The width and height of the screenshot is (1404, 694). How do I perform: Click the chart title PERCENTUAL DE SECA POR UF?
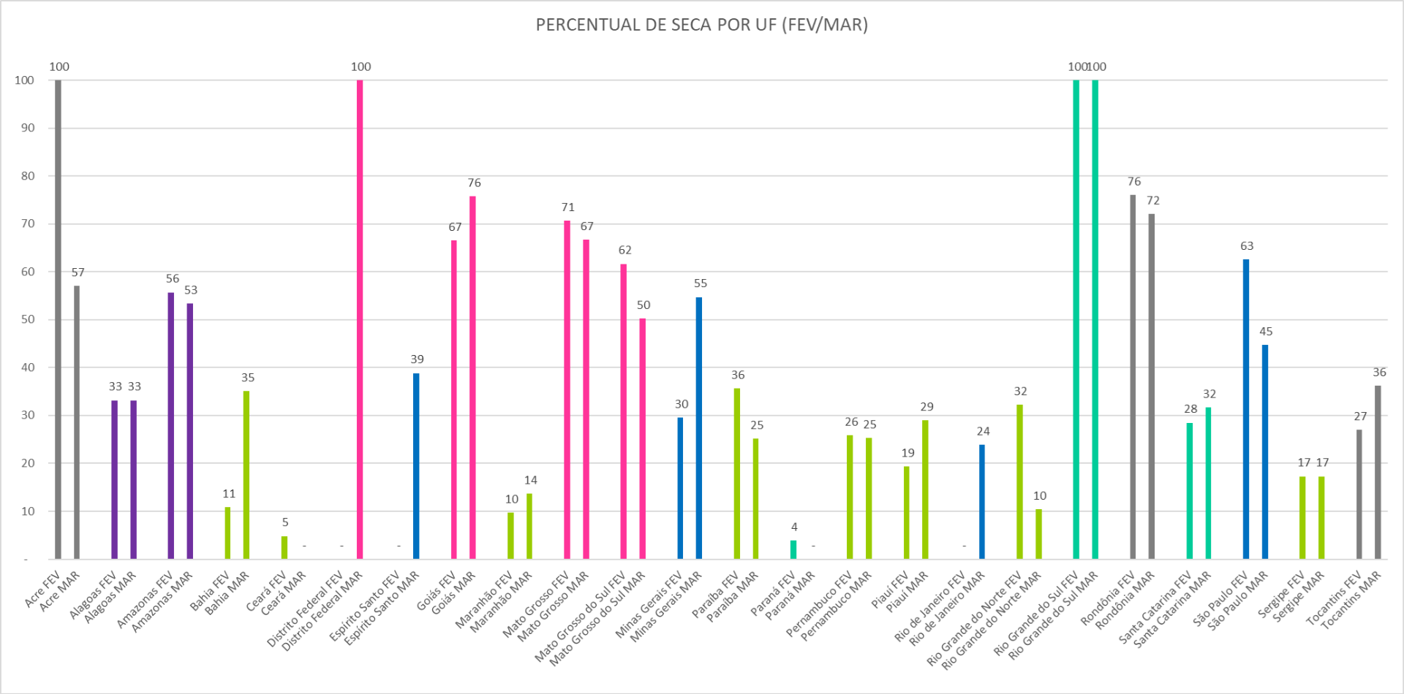pos(701,25)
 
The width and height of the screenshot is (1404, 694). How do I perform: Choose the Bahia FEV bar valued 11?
pos(227,533)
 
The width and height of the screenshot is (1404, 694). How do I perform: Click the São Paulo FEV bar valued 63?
pos(1246,409)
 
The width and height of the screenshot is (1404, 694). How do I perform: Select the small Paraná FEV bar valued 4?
pos(793,549)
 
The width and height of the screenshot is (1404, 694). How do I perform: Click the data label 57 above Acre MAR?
pos(78,272)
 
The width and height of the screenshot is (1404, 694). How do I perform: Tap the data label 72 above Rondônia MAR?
pos(1153,200)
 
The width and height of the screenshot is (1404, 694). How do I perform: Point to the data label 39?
pos(417,359)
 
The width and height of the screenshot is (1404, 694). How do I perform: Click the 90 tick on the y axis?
pos(28,128)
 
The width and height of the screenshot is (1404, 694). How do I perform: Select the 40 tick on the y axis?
pos(28,367)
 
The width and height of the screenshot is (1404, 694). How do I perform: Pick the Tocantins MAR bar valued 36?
pos(1378,472)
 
